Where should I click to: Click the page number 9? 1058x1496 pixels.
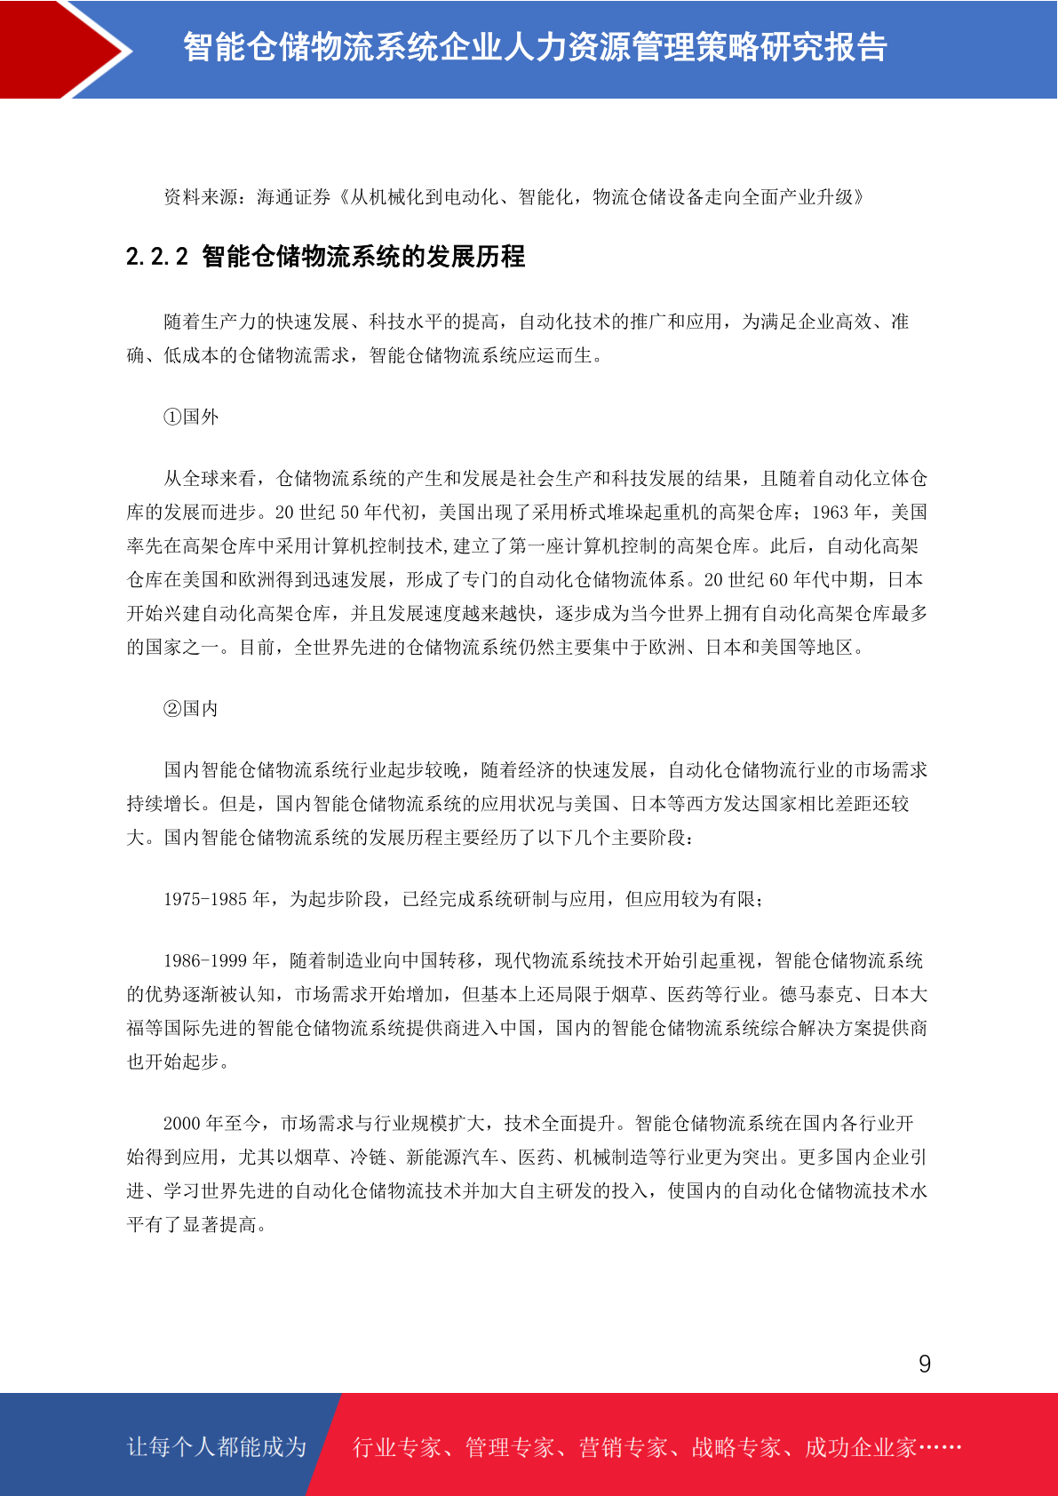point(925,1364)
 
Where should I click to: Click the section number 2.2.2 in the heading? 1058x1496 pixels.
point(157,257)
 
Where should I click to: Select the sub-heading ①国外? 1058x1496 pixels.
point(191,417)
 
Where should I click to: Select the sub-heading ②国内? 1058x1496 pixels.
point(191,709)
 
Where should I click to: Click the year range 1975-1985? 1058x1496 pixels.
point(204,899)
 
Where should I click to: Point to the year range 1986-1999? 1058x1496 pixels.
point(204,960)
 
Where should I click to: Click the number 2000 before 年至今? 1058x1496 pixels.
point(182,1124)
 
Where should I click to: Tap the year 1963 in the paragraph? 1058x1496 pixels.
point(831,513)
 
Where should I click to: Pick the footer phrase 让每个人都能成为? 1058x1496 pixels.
point(217,1447)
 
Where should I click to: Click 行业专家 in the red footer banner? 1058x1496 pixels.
point(397,1448)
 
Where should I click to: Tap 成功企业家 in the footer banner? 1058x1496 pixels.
point(860,1448)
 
